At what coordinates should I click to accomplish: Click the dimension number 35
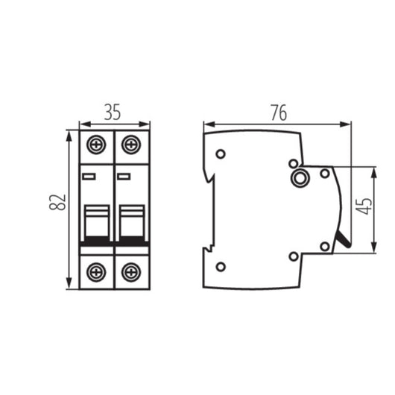[x=113, y=113]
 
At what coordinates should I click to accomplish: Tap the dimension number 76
[x=277, y=113]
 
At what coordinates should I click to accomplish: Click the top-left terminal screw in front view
[x=96, y=144]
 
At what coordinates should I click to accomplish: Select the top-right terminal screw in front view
[x=131, y=144]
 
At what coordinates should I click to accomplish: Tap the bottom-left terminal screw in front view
[x=96, y=272]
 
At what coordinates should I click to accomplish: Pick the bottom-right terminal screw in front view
[x=131, y=272]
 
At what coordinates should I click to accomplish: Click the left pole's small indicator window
[x=89, y=177]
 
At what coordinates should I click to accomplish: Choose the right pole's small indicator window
[x=124, y=177]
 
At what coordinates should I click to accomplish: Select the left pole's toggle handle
[x=96, y=221]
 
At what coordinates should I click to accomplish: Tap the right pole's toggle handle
[x=131, y=221]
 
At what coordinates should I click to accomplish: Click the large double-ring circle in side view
[x=302, y=178]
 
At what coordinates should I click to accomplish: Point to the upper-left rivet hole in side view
[x=221, y=154]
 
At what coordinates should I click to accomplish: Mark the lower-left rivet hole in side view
[x=221, y=266]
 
